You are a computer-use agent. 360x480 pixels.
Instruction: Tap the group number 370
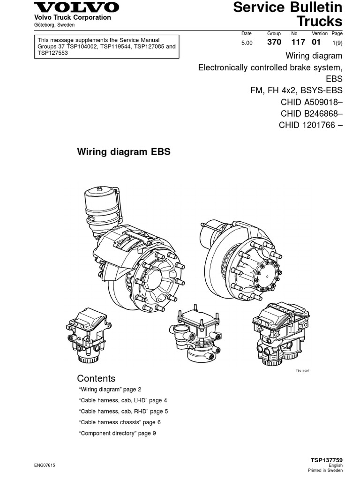point(274,42)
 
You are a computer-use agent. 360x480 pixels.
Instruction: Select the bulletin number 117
point(298,42)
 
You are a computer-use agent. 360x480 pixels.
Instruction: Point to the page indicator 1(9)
point(337,43)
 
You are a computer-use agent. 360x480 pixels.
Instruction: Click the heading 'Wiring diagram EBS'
point(123,152)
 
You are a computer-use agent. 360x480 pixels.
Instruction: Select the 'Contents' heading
point(96,378)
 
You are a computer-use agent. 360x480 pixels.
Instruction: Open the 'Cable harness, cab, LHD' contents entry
point(123,400)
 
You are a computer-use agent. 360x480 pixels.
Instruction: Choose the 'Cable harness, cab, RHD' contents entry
point(123,411)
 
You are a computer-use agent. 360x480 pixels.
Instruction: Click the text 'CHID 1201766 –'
point(310,125)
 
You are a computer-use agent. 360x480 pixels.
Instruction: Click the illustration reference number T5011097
point(302,370)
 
